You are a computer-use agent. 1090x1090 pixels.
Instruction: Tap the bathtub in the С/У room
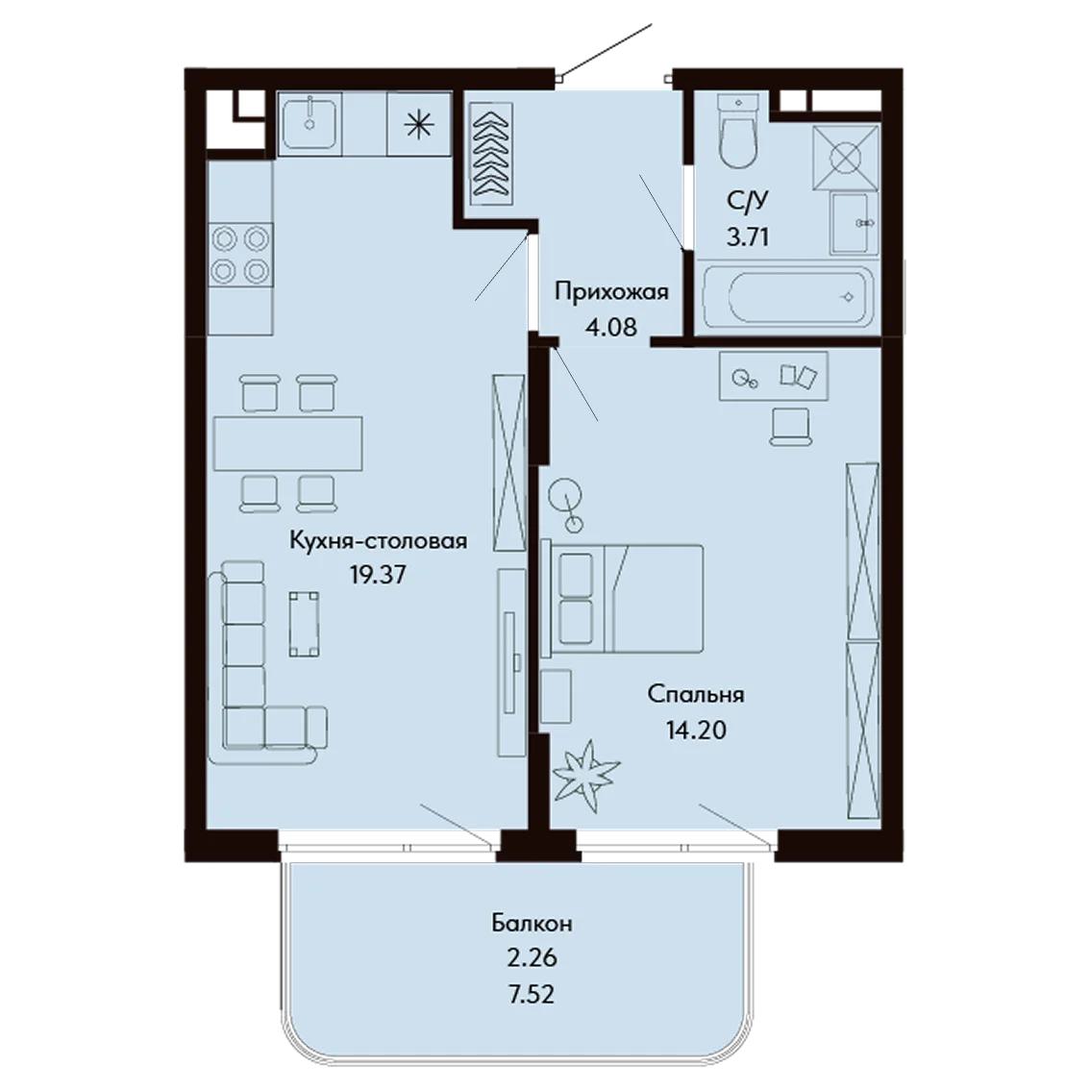(x=787, y=298)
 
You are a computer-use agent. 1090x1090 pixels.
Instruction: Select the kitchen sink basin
(x=310, y=123)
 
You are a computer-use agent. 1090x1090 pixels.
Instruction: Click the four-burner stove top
(x=240, y=254)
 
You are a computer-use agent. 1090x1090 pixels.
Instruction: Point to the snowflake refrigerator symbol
(x=418, y=125)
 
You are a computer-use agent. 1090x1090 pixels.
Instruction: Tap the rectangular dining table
(x=287, y=443)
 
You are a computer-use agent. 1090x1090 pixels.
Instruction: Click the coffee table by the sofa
(x=305, y=624)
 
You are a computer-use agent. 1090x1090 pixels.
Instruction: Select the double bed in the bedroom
(x=622, y=599)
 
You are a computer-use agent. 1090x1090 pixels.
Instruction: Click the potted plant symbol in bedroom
(x=585, y=775)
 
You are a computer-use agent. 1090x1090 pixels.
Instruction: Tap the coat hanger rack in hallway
(x=491, y=153)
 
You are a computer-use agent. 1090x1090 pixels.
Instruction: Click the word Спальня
(x=696, y=694)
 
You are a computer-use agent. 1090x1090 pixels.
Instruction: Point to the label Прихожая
(x=611, y=291)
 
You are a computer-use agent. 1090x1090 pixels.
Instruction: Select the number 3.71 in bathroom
(x=747, y=237)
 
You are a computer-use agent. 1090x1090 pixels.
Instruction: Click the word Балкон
(x=532, y=923)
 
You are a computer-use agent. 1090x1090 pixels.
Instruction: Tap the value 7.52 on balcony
(x=532, y=995)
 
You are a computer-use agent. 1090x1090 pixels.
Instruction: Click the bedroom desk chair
(x=790, y=426)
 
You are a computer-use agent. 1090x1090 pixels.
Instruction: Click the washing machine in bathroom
(x=845, y=157)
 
